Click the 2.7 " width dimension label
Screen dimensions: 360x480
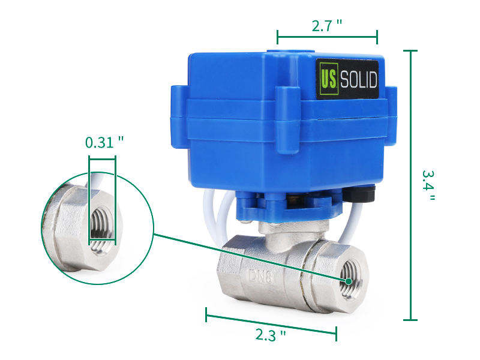point(327,26)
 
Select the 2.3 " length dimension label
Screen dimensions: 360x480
point(271,334)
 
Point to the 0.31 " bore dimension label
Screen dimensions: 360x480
point(104,142)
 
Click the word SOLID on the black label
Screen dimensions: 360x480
point(359,80)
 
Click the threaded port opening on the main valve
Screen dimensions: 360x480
point(347,281)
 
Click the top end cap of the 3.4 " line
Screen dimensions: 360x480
point(410,52)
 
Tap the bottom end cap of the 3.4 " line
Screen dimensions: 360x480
point(410,320)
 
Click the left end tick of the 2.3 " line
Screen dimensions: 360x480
point(206,314)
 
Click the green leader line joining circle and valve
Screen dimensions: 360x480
point(240,254)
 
